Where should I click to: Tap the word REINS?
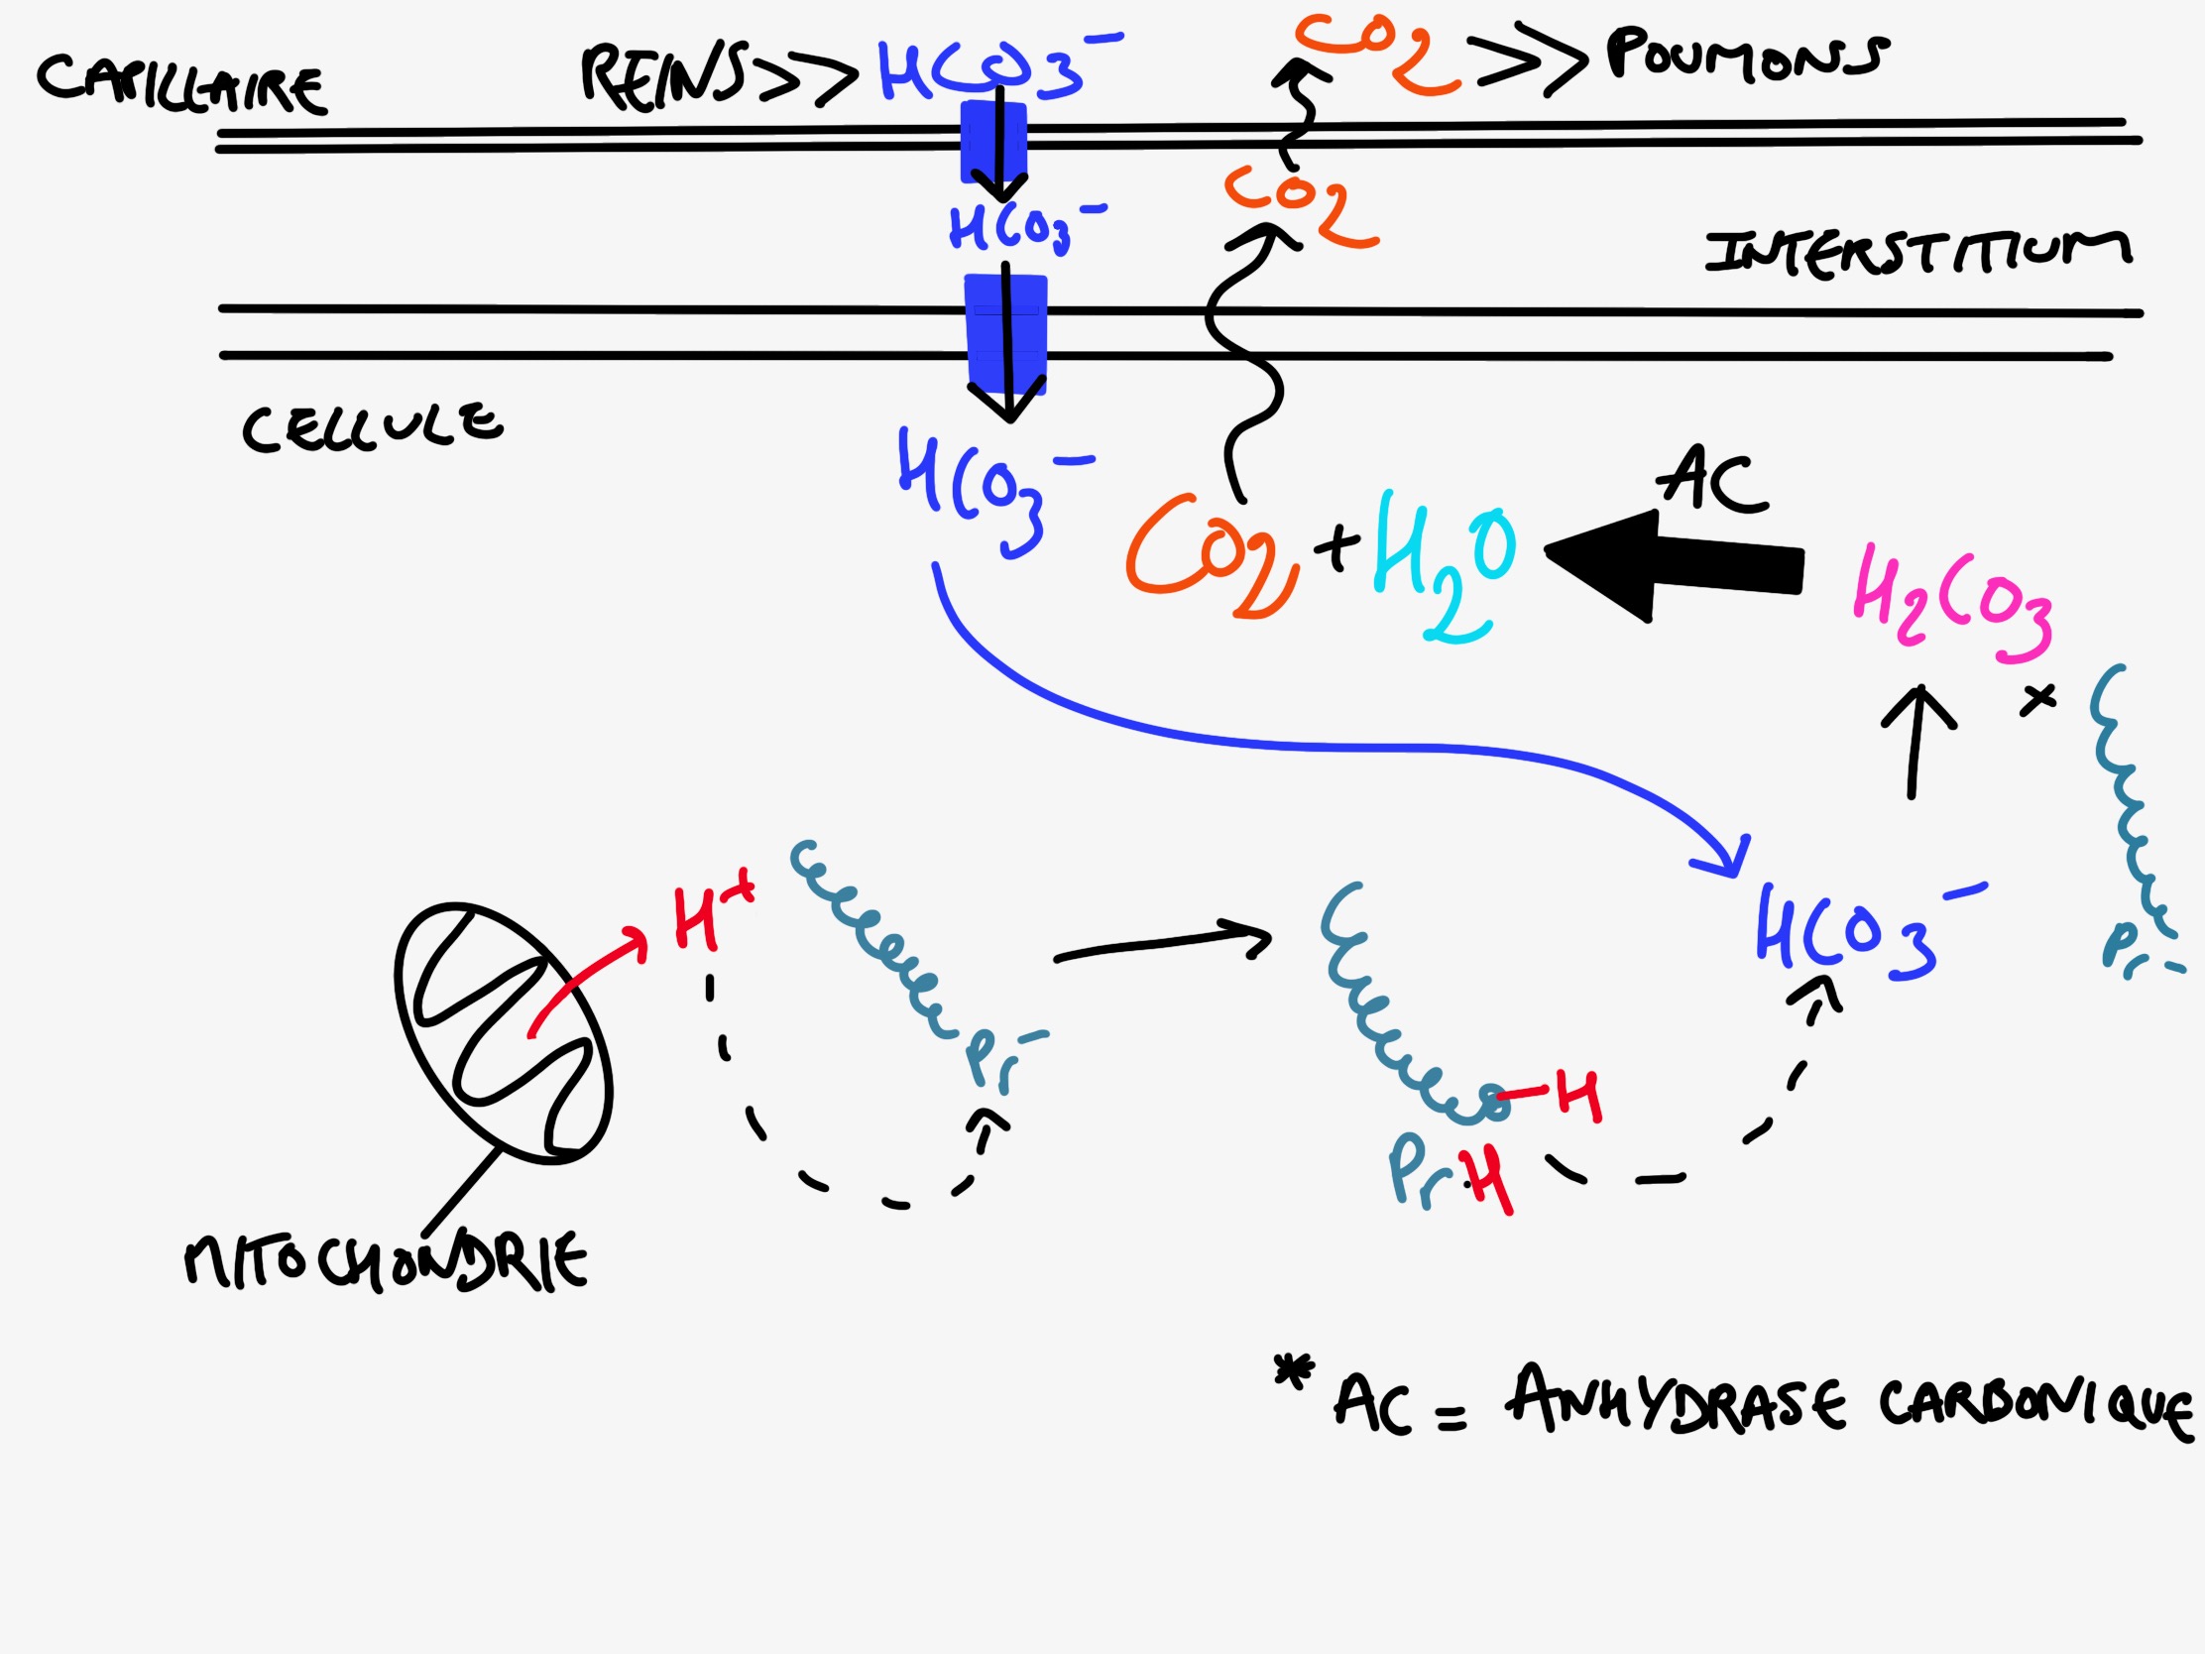(x=664, y=74)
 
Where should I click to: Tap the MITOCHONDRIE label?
(x=386, y=1261)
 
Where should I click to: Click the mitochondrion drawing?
(x=503, y=1033)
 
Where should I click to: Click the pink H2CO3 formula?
(x=1951, y=603)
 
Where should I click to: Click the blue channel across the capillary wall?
(x=992, y=142)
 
